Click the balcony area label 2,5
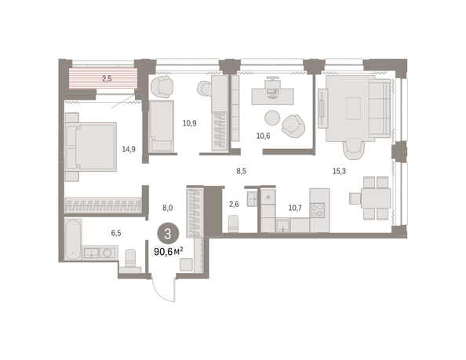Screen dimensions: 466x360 point(107,78)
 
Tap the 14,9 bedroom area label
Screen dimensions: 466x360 point(129,149)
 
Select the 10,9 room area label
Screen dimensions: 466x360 point(189,123)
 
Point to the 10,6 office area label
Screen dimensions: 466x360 point(264,136)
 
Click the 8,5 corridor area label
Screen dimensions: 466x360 point(242,172)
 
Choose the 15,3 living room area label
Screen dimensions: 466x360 point(339,171)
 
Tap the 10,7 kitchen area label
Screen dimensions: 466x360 point(295,208)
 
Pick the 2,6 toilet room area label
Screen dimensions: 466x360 point(234,204)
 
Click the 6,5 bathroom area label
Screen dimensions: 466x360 point(116,233)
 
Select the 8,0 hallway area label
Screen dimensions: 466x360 point(168,208)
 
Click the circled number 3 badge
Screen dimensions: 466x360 point(168,234)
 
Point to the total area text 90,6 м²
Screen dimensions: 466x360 point(169,252)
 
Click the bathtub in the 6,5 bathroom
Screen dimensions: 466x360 point(74,239)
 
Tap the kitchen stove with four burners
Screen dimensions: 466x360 point(317,211)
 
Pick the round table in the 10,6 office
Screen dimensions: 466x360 point(272,118)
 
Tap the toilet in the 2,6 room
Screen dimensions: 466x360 point(233,224)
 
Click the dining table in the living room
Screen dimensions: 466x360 point(376,198)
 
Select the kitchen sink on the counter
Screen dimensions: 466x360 point(283,225)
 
